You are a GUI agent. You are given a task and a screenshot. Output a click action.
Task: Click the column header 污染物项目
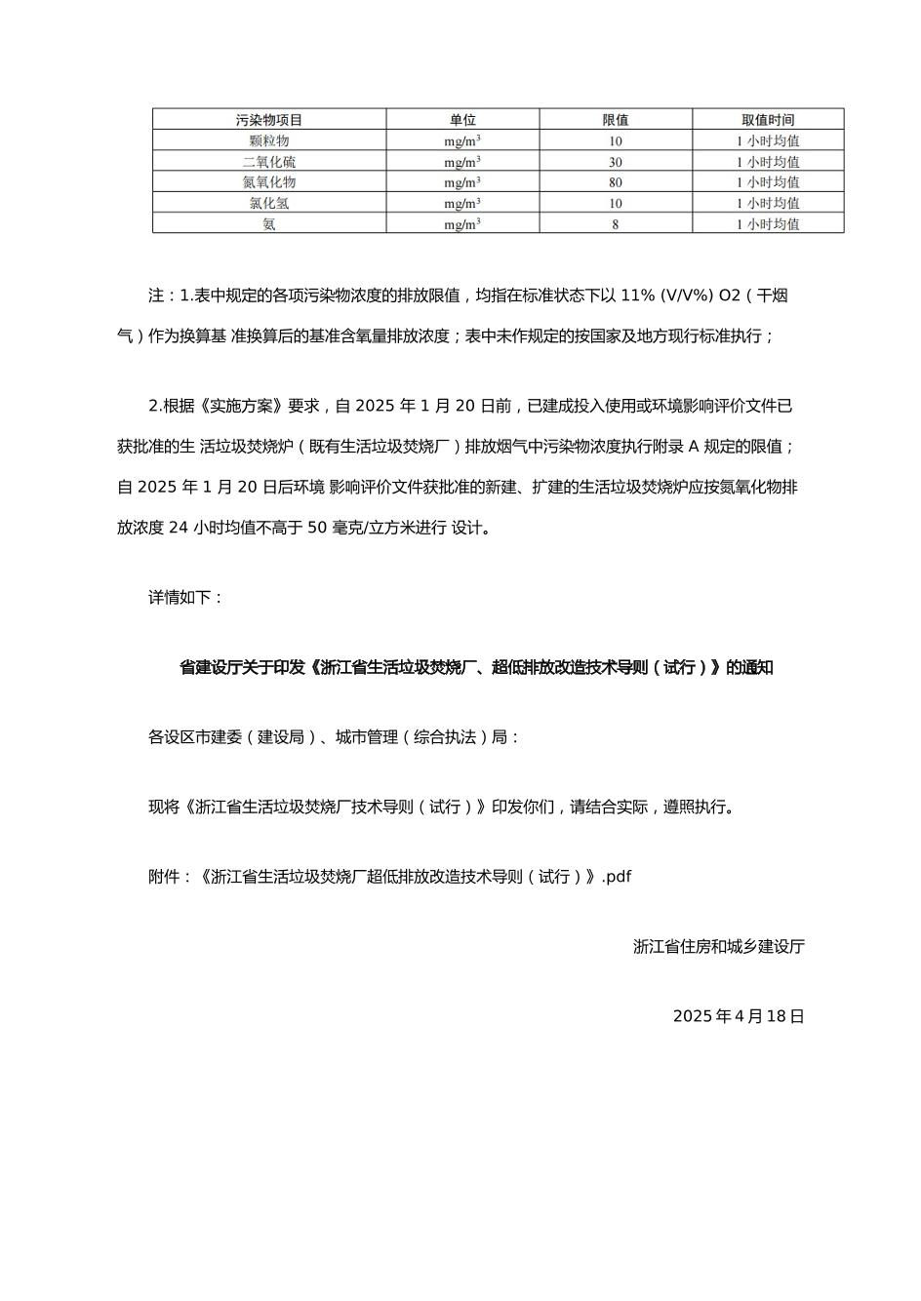click(x=269, y=120)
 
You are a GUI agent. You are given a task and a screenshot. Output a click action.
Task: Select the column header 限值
click(x=616, y=120)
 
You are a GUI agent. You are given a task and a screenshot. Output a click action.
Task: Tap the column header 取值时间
click(x=768, y=120)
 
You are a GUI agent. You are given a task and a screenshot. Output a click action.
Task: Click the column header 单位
click(x=462, y=120)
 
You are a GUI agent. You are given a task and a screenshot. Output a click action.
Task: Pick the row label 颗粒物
click(x=269, y=140)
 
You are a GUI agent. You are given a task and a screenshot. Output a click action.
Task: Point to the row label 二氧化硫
click(x=269, y=162)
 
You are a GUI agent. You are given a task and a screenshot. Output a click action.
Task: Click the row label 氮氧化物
click(x=269, y=182)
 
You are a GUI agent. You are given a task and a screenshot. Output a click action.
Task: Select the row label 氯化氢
click(x=269, y=203)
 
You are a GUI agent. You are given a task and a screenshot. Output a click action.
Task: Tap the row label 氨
click(x=269, y=224)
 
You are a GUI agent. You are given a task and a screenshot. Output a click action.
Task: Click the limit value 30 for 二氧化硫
click(x=616, y=162)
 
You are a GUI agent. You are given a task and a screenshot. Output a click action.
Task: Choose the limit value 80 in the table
click(x=616, y=182)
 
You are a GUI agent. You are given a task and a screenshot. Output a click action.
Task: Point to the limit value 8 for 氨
click(x=616, y=224)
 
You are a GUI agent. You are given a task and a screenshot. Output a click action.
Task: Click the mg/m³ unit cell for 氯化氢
click(x=462, y=203)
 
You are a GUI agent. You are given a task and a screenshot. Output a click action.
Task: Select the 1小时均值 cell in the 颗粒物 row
click(x=768, y=140)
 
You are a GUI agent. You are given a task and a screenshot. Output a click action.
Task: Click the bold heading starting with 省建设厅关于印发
click(x=476, y=668)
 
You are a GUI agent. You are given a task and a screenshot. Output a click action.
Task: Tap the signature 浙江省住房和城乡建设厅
click(x=719, y=946)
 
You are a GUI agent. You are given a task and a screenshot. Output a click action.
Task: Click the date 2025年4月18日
click(x=739, y=1016)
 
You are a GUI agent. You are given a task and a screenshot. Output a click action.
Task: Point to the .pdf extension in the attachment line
click(x=617, y=877)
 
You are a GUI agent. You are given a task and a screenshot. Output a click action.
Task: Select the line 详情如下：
click(x=186, y=597)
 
